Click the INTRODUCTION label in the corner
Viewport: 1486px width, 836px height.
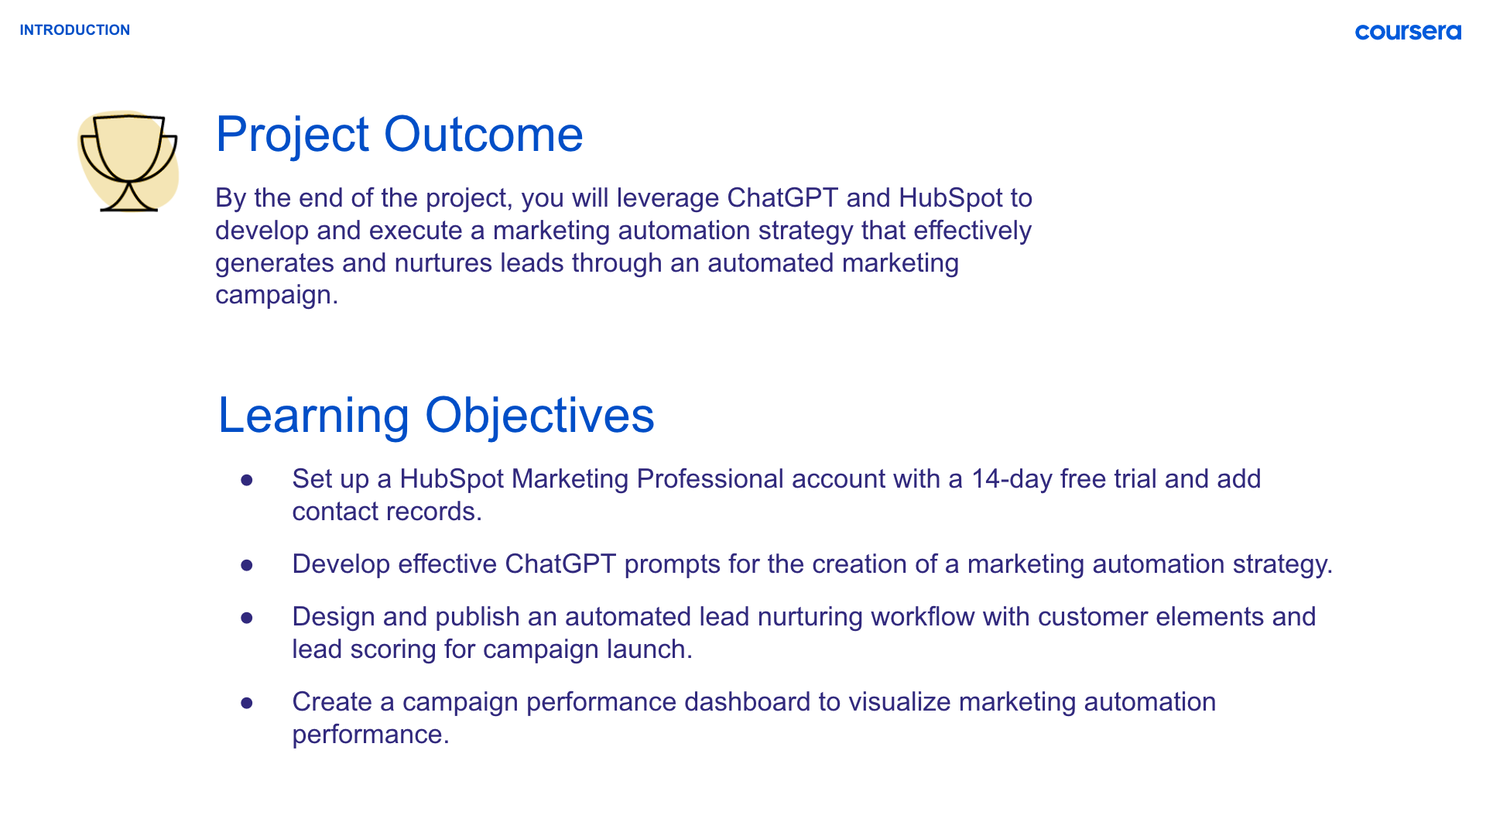[75, 30]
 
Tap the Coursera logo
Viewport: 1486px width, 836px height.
[1408, 32]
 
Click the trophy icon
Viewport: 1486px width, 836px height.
[128, 161]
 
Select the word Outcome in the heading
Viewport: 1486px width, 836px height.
[483, 135]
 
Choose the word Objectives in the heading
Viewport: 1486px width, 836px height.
[539, 416]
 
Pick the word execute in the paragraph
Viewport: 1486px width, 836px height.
[425, 231]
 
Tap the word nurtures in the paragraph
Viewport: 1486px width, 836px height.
[443, 263]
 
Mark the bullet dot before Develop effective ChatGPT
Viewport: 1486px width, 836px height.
[247, 565]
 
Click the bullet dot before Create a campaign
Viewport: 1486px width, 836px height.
[247, 703]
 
